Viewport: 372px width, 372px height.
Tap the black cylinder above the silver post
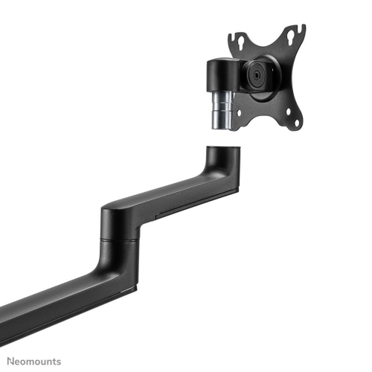pos(221,74)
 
